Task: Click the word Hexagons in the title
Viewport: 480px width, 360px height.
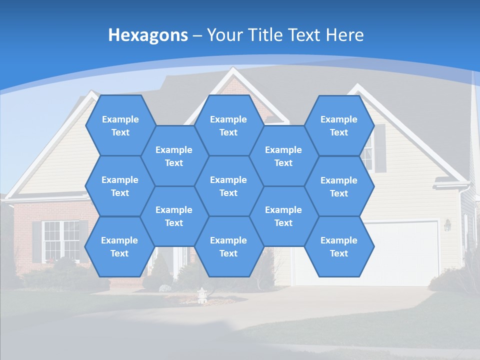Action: pyautogui.click(x=148, y=35)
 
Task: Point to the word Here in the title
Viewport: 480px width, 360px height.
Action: pyautogui.click(x=345, y=35)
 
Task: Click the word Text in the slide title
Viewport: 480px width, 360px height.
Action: pyautogui.click(x=305, y=35)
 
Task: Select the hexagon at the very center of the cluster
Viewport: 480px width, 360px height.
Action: pyautogui.click(x=228, y=186)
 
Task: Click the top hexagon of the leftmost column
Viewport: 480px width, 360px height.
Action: pyautogui.click(x=120, y=125)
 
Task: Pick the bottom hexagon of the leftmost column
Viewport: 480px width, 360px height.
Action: pyautogui.click(x=119, y=246)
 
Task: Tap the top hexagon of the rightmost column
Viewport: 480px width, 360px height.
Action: pyautogui.click(x=339, y=125)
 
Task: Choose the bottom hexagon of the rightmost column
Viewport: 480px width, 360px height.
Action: pyautogui.click(x=339, y=246)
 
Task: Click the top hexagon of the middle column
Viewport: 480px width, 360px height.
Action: pyautogui.click(x=228, y=125)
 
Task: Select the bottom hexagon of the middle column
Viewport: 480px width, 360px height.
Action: pyautogui.click(x=228, y=246)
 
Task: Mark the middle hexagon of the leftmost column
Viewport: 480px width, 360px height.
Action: pyautogui.click(x=120, y=186)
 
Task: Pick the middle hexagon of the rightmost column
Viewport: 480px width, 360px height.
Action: pyautogui.click(x=339, y=186)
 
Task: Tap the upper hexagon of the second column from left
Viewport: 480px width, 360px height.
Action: pyautogui.click(x=174, y=156)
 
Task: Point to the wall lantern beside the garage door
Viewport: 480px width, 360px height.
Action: pyautogui.click(x=447, y=225)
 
